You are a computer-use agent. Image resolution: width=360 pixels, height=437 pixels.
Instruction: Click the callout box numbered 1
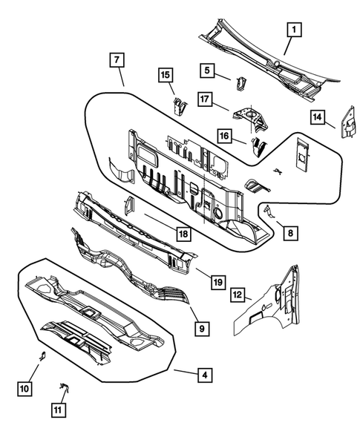[x=294, y=30]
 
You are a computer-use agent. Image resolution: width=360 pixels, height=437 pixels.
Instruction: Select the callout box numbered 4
[x=203, y=376]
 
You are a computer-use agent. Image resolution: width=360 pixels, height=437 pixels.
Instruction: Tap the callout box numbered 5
[x=207, y=70]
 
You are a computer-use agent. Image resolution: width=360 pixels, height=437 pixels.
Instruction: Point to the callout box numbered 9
[x=200, y=326]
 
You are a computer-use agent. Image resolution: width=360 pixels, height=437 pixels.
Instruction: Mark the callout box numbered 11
[x=58, y=410]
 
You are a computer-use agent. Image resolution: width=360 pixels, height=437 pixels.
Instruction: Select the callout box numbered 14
[x=317, y=116]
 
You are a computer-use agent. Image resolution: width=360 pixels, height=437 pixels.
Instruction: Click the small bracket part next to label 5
[x=240, y=80]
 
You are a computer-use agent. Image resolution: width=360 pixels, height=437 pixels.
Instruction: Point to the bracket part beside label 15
[x=178, y=106]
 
